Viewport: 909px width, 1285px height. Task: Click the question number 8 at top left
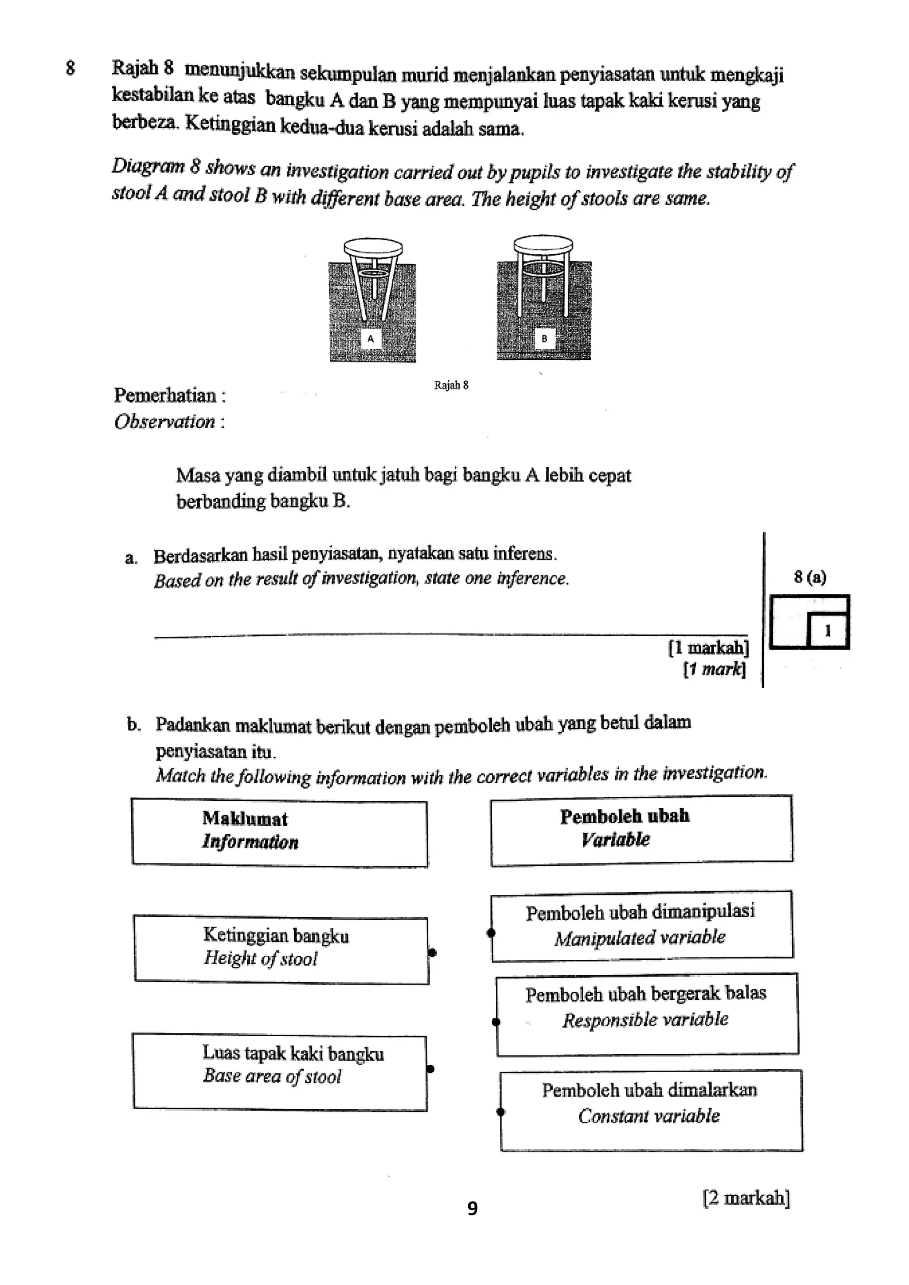tap(70, 68)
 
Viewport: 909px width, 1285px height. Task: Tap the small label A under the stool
tap(371, 339)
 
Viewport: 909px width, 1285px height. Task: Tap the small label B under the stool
tap(544, 339)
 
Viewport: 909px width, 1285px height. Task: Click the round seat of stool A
tap(373, 247)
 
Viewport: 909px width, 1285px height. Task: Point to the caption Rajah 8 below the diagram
tap(451, 385)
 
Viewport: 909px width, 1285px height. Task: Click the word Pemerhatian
tap(165, 396)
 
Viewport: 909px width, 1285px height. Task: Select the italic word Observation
tap(165, 422)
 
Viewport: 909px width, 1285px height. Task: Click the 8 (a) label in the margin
tap(810, 576)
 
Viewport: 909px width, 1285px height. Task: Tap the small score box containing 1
tap(827, 631)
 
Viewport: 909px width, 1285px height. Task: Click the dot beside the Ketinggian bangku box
tap(432, 953)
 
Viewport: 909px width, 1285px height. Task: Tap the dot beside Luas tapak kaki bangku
tap(430, 1069)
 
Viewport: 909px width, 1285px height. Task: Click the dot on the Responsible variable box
tap(495, 1022)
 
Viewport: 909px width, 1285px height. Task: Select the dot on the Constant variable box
tap(500, 1112)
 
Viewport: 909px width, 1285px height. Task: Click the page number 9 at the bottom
tap(472, 1209)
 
